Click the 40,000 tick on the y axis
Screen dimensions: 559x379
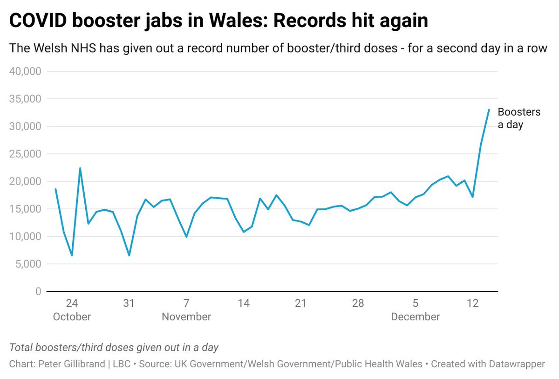click(x=25, y=71)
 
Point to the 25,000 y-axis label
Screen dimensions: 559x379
click(x=25, y=154)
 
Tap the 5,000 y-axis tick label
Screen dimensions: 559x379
click(x=28, y=264)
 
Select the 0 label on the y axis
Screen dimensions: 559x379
click(x=38, y=291)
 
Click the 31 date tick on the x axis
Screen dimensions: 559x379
click(x=129, y=303)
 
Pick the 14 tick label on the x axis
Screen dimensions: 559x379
click(x=244, y=303)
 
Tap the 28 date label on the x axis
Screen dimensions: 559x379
click(x=358, y=303)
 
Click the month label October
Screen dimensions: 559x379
click(x=72, y=317)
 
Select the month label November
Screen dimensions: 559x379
click(x=186, y=317)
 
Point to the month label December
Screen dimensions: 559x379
click(x=415, y=317)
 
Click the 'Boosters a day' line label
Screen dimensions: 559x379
click(x=519, y=118)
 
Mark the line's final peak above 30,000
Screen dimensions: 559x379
click(x=489, y=110)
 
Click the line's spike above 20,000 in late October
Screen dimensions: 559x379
click(x=80, y=168)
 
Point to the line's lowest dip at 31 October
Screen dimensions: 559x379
click(x=129, y=255)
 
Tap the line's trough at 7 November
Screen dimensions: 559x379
click(x=186, y=237)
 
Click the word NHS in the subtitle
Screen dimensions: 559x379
click(x=83, y=48)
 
